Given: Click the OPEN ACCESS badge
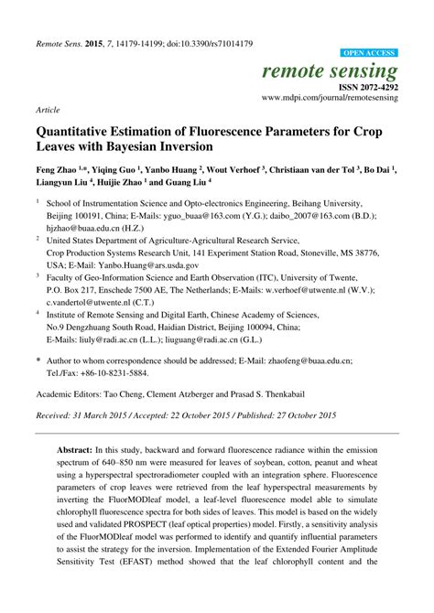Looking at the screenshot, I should tap(367, 54).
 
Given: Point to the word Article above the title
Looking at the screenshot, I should tap(49, 109).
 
